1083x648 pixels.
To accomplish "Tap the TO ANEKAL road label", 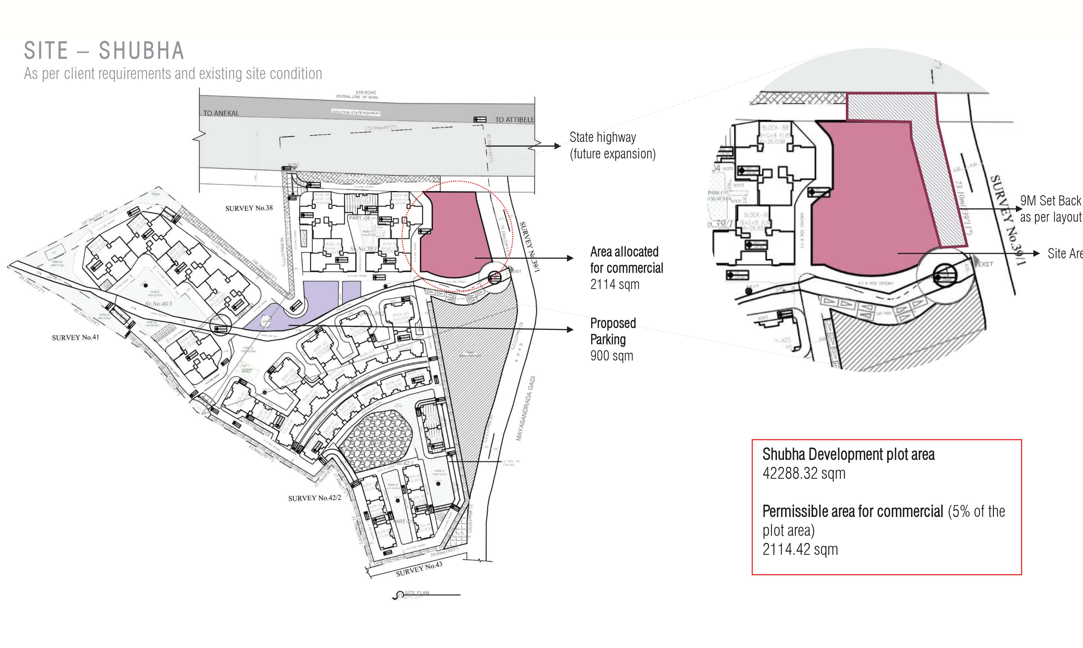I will tap(221, 113).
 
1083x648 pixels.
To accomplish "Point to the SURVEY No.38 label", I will tap(249, 208).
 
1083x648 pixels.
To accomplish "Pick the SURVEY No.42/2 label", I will tap(314, 498).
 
